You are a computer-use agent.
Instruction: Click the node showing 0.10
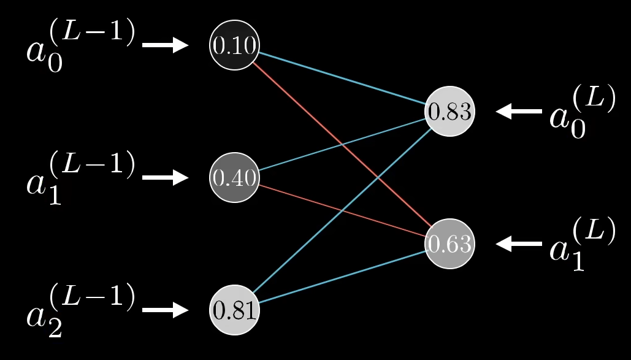pos(234,45)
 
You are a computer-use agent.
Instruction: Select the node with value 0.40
pos(234,178)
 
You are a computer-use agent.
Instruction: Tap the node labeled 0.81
pos(234,310)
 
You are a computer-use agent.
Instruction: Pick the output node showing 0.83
pos(449,112)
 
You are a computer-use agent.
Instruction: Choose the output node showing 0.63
pos(449,244)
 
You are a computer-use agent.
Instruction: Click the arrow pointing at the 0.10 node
pos(165,45)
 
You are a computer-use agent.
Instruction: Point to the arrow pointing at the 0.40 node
pos(165,177)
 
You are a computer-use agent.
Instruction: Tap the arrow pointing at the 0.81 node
pos(165,310)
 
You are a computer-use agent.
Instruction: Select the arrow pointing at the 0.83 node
pos(519,112)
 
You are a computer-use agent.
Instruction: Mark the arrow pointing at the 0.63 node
pos(519,244)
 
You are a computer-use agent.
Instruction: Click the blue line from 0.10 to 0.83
pos(342,79)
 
